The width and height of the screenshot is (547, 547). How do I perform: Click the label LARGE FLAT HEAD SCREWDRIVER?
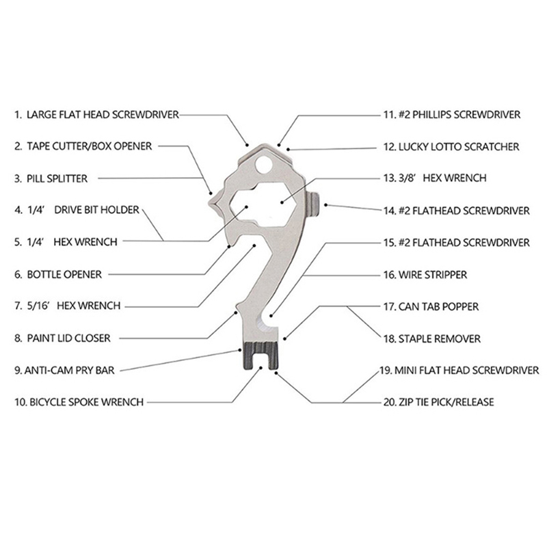pyautogui.click(x=103, y=115)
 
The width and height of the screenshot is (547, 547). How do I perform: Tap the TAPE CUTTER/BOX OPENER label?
pyautogui.click(x=89, y=146)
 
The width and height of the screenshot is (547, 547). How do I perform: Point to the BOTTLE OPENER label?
pyautogui.click(x=64, y=274)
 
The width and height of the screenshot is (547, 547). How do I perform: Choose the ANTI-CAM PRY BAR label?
pyautogui.click(x=68, y=371)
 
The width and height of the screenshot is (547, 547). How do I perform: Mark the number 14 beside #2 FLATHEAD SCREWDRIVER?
pyautogui.click(x=388, y=210)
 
